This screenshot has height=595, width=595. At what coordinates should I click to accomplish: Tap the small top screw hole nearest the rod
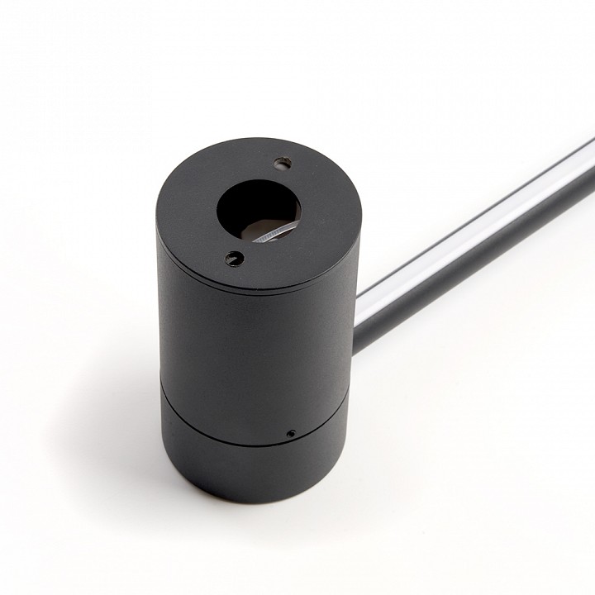(283, 163)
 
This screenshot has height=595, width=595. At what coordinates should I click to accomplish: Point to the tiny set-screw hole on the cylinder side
(290, 432)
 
